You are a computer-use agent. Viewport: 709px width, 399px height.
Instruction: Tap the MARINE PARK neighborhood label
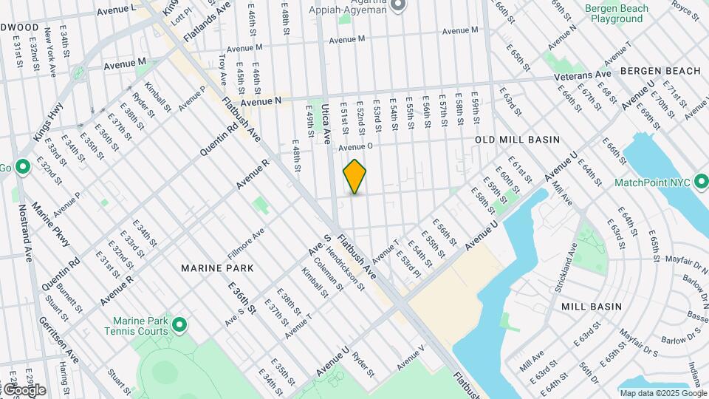[x=217, y=267]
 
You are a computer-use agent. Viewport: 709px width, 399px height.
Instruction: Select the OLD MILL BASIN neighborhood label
[x=517, y=140]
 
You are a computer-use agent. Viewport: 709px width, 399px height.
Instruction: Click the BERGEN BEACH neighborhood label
[x=660, y=71]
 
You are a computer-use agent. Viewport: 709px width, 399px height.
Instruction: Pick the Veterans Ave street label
[x=583, y=75]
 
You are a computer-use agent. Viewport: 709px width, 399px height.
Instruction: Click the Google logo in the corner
[x=24, y=389]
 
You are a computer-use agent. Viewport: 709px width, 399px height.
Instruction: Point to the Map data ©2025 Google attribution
[x=662, y=393]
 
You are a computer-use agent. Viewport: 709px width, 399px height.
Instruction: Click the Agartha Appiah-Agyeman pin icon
[x=399, y=6]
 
